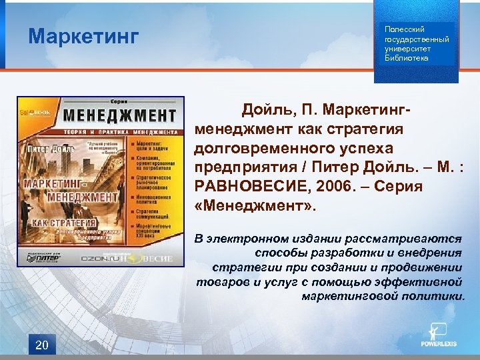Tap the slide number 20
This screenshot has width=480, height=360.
click(x=41, y=345)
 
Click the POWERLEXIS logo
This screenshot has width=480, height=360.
click(x=437, y=337)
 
